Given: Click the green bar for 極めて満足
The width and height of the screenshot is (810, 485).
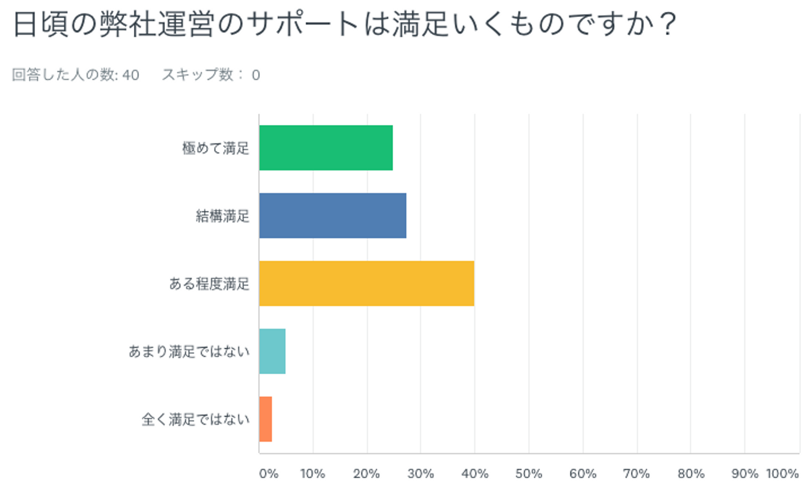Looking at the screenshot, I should coord(326,147).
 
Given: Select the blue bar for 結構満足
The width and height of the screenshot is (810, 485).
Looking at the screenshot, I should coord(332,215).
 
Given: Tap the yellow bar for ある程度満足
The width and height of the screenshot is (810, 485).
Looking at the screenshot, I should coord(366,284).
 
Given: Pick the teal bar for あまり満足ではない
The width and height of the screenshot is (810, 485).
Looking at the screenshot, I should coord(272,351).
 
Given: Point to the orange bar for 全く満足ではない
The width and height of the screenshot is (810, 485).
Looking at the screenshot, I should coord(265,419).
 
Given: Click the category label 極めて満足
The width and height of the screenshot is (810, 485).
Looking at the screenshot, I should coord(215,148).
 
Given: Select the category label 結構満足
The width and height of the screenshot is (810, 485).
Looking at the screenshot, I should coord(222,216).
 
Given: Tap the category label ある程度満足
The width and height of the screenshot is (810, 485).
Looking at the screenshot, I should coord(209,284).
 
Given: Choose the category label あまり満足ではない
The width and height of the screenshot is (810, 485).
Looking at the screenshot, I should coord(189,352).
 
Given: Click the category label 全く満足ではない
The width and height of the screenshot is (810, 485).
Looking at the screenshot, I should coord(195,419).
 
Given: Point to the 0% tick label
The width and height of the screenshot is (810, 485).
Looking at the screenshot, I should coord(268,474).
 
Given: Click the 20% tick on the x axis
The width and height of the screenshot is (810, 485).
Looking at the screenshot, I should coord(366,474).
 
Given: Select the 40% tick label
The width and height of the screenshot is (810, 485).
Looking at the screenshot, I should coord(475,474).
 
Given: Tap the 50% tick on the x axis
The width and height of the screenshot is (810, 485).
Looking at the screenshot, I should coord(529,474).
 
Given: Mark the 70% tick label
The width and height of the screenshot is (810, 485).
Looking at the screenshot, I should coord(637,474).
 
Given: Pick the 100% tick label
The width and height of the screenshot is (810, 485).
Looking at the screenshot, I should coord(782,474).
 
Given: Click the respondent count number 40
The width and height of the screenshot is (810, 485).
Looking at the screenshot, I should coord(130,75).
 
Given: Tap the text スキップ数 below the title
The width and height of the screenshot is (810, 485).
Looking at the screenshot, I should coord(197,75).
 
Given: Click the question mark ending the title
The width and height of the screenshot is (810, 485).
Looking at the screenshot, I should coord(668,25).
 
